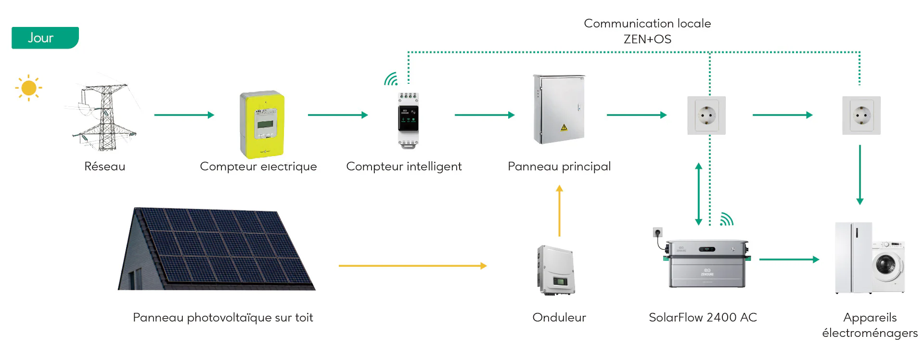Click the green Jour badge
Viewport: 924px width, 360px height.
tap(45, 38)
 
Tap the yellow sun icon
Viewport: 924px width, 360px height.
tap(29, 88)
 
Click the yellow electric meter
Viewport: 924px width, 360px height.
tap(262, 124)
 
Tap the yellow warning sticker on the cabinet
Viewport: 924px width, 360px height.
tap(564, 128)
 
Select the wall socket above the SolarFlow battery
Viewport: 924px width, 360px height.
tap(706, 116)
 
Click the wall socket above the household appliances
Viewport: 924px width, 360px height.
tap(861, 116)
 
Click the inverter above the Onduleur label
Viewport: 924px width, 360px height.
tap(556, 270)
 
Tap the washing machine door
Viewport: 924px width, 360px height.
tap(886, 265)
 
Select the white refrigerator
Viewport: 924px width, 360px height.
tap(853, 257)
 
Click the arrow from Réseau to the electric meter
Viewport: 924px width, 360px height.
tap(184, 115)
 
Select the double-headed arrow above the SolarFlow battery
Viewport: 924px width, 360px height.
tap(698, 194)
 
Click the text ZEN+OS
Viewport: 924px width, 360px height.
tap(647, 39)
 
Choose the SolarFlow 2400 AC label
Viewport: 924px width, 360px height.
tap(703, 318)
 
